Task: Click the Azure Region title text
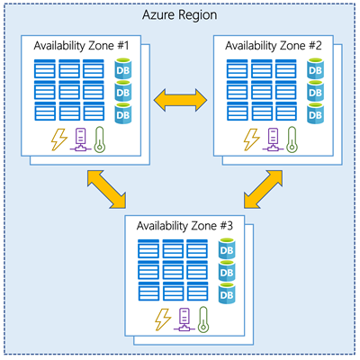(x=180, y=16)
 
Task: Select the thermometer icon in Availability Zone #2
(x=291, y=140)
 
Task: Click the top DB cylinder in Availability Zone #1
(x=123, y=69)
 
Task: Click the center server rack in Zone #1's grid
(x=68, y=91)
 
